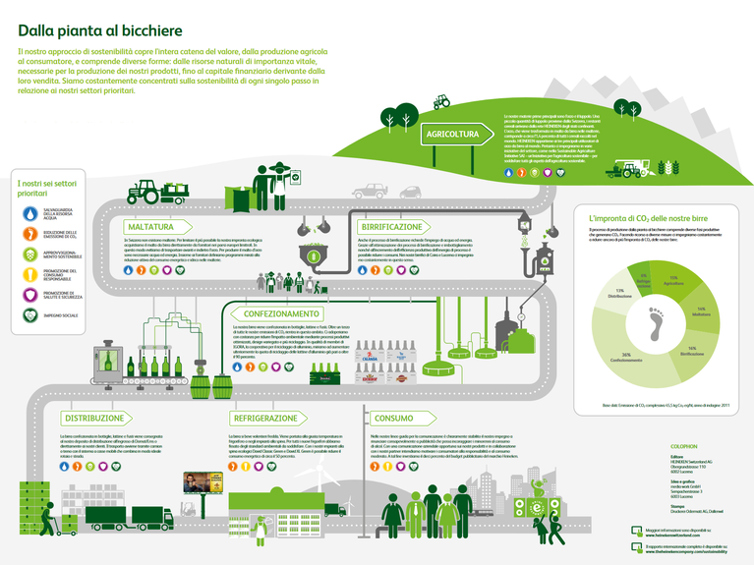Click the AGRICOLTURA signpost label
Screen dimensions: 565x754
tap(453, 134)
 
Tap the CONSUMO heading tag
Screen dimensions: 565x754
tap(394, 418)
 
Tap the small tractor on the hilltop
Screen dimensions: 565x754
tap(442, 101)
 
